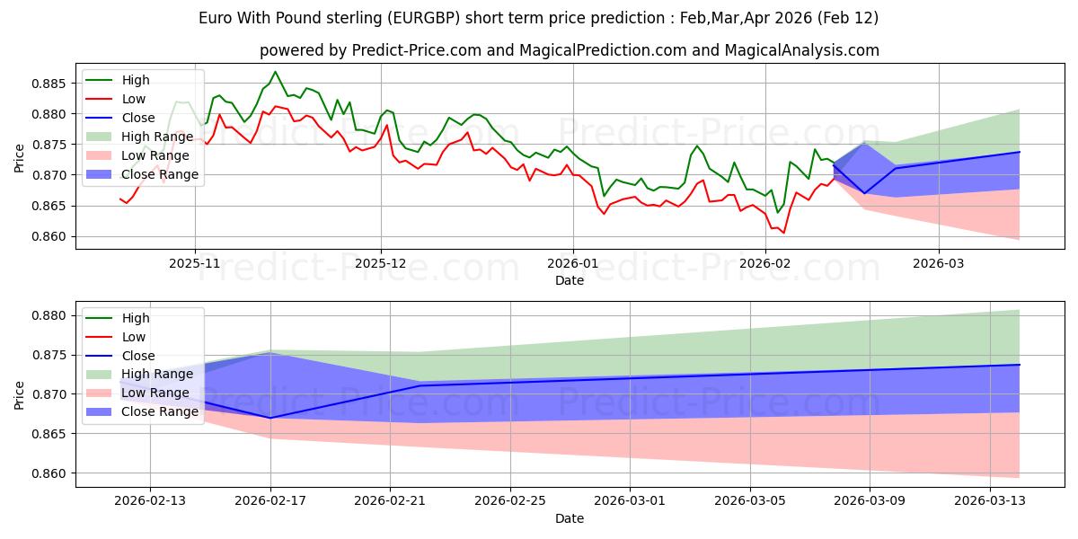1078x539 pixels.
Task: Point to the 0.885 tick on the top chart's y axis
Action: pos(52,84)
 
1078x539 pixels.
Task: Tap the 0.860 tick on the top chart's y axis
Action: pos(52,236)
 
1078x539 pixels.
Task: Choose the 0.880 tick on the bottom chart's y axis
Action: pos(52,315)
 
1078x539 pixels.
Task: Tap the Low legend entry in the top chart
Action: pos(134,99)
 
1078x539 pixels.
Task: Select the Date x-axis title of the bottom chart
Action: pos(570,518)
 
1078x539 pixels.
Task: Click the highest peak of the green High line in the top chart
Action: pos(275,72)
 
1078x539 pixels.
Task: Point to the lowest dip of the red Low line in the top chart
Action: pos(783,234)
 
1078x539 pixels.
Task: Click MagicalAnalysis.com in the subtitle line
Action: pos(808,50)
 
